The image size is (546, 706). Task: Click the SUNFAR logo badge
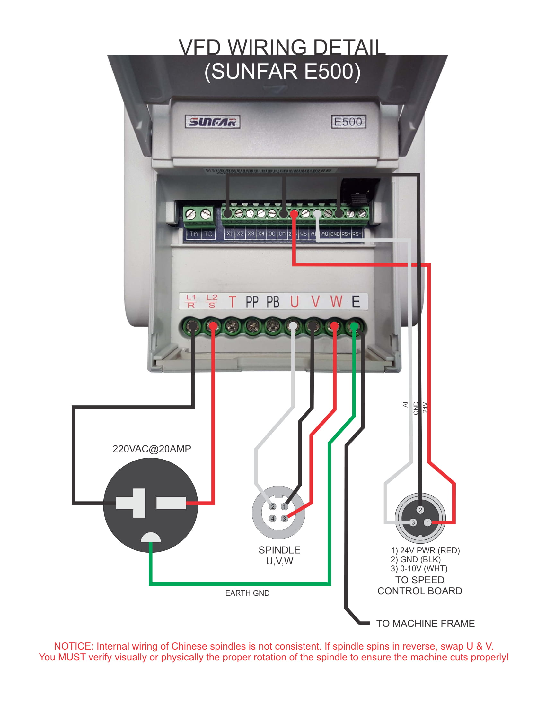pos(212,122)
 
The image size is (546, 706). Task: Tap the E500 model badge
pos(348,122)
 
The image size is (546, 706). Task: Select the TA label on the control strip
pos(193,234)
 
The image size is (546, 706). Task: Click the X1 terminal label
pos(229,234)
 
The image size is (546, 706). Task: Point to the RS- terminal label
pos(356,234)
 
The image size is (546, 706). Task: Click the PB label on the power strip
pos(273,302)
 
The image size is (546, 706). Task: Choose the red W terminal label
pos(336,302)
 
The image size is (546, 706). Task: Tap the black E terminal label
pos(356,302)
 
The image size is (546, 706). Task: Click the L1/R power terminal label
pos(191,301)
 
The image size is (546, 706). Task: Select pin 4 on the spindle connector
pos(273,519)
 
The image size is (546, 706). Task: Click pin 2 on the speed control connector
pos(420,510)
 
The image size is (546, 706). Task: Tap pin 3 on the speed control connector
pos(413,522)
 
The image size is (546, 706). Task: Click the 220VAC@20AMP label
pos(151,449)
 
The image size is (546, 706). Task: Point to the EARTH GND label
pos(247,593)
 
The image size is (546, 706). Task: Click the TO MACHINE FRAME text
pos(425,623)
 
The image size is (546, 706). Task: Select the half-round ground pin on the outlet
pos(151,538)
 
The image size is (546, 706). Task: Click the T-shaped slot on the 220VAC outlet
pos(131,503)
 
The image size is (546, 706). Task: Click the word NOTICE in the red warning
pos(74,646)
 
